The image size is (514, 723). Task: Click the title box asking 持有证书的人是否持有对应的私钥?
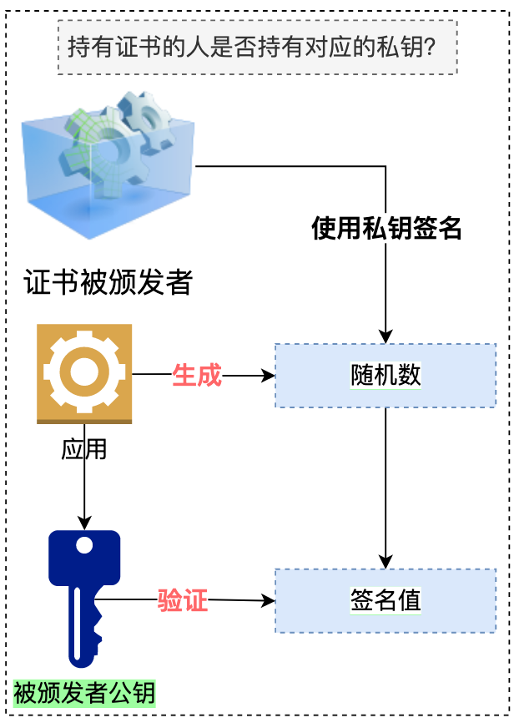tap(257, 47)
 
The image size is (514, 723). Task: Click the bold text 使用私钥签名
tap(386, 228)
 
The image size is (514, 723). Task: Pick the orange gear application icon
tap(84, 373)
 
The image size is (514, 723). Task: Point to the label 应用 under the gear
tap(84, 449)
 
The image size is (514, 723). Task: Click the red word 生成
tap(197, 376)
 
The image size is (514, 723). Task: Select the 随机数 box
tap(385, 376)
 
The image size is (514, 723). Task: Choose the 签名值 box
tap(385, 600)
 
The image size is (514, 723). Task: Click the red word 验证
tap(183, 599)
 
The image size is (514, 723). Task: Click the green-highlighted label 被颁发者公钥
tap(84, 693)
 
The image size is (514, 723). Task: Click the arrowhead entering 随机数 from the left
tap(269, 376)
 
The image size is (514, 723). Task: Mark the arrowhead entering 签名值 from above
tap(385, 562)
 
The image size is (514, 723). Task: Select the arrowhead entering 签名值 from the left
tap(269, 600)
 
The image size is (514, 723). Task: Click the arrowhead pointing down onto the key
tap(84, 523)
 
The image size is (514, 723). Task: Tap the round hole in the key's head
tap(84, 546)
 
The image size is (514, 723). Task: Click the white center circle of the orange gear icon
tap(84, 371)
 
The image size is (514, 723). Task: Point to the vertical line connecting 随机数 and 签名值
tap(385, 484)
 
